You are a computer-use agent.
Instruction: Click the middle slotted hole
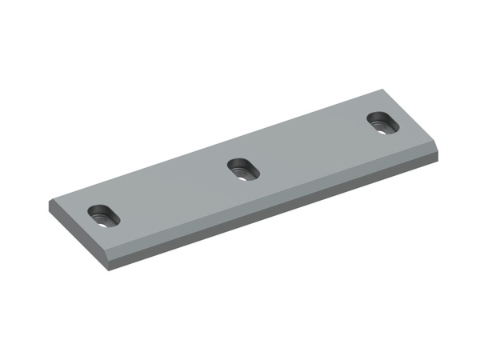pos(240,170)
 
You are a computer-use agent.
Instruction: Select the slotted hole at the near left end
pos(102,214)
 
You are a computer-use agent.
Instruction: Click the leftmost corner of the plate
pos(49,205)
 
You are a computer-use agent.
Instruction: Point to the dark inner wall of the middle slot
pos(238,166)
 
